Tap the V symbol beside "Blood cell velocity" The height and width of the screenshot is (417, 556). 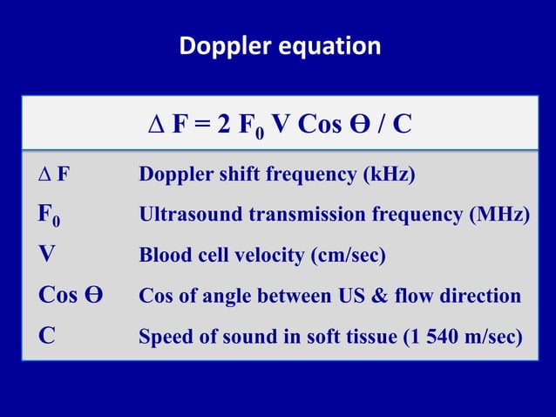pos(46,256)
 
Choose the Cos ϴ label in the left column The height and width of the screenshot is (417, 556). pos(71,296)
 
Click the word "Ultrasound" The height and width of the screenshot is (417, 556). pos(185,215)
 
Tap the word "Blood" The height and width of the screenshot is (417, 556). pos(163,256)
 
